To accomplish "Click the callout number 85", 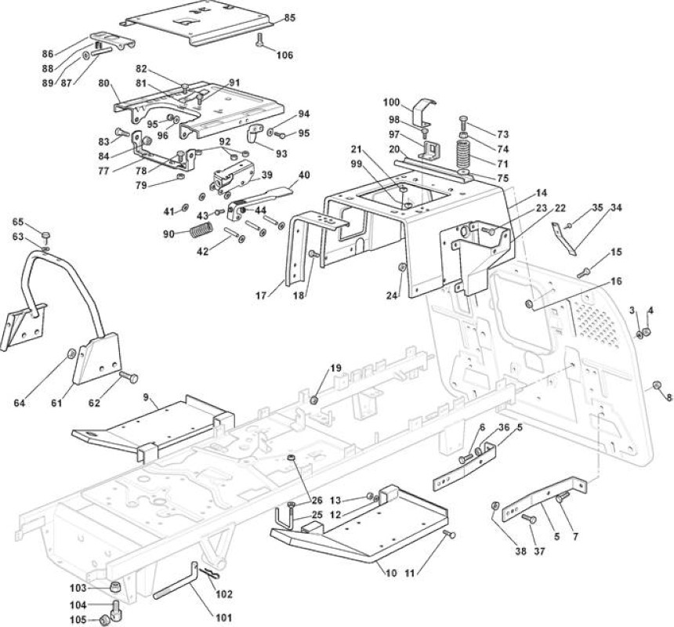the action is [290, 18].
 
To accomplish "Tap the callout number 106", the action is [284, 55].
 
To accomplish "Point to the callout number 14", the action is [542, 192].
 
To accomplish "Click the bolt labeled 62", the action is [128, 377].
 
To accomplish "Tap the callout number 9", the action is [146, 397].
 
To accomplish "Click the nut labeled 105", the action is [103, 620].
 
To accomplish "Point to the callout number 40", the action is [304, 175].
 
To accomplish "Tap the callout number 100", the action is [392, 103].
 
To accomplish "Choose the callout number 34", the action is [616, 208].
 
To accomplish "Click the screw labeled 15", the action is [583, 273].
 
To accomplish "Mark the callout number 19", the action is [336, 368].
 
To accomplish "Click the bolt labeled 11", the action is [450, 535].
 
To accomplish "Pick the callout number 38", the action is [520, 551].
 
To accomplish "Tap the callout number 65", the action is [17, 222].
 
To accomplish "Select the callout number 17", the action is [261, 295].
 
